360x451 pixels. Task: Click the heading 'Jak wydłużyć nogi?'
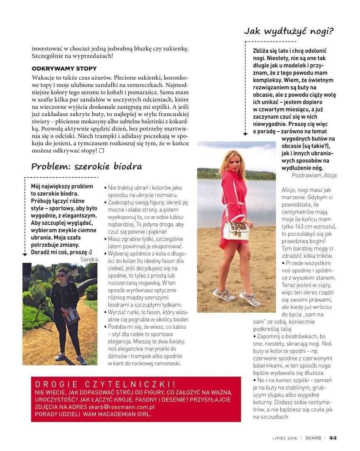[x=289, y=31]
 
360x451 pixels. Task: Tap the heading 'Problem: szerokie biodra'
[x=86, y=167]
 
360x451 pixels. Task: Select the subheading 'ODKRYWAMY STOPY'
[x=64, y=69]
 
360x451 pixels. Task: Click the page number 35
[x=333, y=437]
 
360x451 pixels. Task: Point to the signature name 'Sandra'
[x=89, y=260]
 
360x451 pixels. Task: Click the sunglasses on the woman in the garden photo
[x=61, y=275]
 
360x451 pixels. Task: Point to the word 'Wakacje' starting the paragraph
[x=43, y=78]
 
